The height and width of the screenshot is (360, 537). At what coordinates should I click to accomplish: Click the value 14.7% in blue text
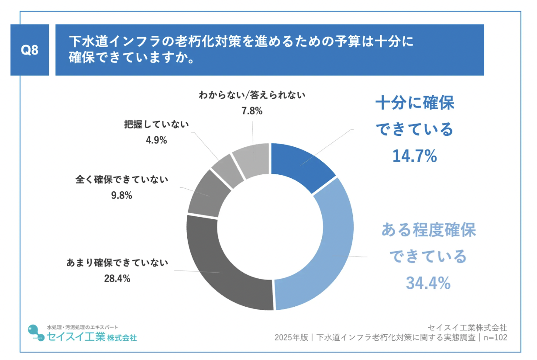tap(414, 156)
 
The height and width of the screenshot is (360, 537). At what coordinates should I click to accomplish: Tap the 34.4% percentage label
tap(428, 283)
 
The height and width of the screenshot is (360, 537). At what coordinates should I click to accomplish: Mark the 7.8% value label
tap(252, 111)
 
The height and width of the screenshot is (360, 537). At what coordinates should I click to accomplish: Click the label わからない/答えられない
tap(252, 95)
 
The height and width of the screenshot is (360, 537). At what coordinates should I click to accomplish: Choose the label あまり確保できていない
tap(117, 263)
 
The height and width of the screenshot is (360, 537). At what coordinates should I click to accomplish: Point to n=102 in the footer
tap(495, 337)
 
